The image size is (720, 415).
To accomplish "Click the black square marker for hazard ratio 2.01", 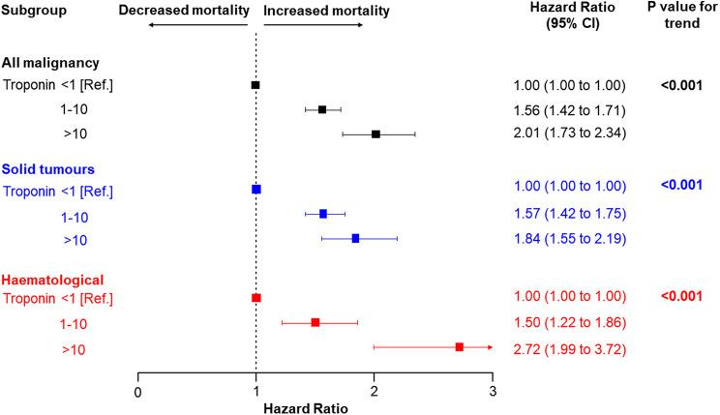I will pyautogui.click(x=375, y=133).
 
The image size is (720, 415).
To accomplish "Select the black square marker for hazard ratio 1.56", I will pyautogui.click(x=322, y=109).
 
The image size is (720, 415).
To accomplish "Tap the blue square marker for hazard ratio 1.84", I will pyautogui.click(x=355, y=238).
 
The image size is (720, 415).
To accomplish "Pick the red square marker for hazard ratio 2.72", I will pyautogui.click(x=460, y=346).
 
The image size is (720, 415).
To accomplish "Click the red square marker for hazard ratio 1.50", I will pyautogui.click(x=315, y=322).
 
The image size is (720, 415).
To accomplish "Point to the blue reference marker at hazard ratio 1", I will pyautogui.click(x=255, y=190).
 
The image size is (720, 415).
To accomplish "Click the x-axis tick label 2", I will pyautogui.click(x=375, y=392).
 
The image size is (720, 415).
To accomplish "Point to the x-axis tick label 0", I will pyautogui.click(x=138, y=392).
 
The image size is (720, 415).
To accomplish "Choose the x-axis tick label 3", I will pyautogui.click(x=493, y=392).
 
